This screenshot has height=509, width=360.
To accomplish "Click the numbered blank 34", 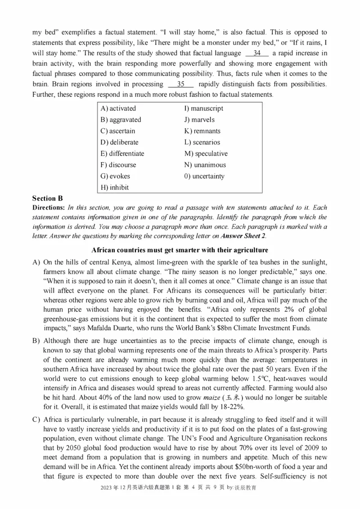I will [257, 53].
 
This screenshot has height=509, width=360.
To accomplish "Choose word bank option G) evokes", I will [115, 176].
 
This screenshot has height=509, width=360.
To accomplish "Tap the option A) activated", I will [118, 108].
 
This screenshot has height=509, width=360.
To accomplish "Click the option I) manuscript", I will [203, 108].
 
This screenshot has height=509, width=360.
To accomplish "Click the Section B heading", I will [48, 198].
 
